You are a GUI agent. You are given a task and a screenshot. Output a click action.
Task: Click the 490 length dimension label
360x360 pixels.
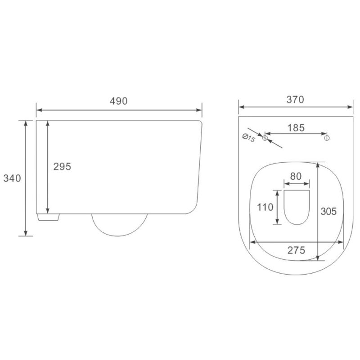[119, 101]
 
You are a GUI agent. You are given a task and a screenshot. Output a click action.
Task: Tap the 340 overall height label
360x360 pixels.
[12, 178]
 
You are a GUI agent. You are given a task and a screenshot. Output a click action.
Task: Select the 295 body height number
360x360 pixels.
[62, 166]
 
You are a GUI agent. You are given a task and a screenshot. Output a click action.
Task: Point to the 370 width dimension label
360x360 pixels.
[295, 100]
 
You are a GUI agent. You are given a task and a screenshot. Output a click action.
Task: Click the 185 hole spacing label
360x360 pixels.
[296, 128]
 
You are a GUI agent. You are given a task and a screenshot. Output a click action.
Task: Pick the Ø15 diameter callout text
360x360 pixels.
[249, 138]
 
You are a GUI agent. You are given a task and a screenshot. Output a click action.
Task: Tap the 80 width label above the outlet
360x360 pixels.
[296, 176]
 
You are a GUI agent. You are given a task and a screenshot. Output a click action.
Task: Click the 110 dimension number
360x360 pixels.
[265, 207]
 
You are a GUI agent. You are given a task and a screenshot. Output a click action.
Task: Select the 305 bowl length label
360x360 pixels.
[329, 211]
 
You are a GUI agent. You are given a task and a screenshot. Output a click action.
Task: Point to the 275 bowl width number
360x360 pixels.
[296, 250]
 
